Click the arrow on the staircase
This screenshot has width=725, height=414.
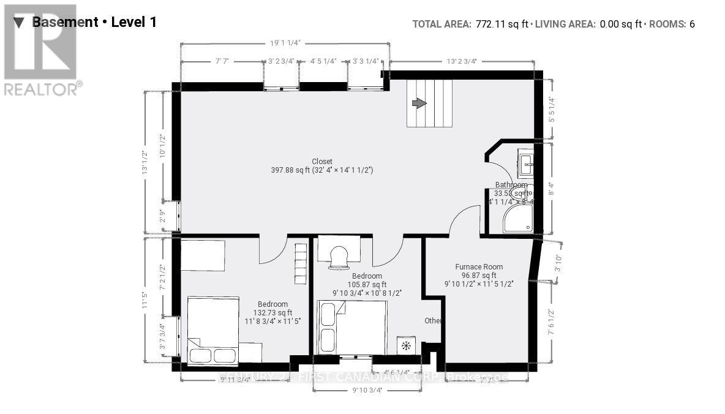pos(419,103)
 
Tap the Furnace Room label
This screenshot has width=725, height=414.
pos(479,266)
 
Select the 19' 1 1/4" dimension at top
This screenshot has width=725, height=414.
pos(285,43)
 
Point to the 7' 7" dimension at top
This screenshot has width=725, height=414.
pos(222,61)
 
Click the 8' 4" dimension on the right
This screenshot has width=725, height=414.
pos(551,189)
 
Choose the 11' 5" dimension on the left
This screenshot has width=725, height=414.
pos(146,301)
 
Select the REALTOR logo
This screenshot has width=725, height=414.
pos(41,49)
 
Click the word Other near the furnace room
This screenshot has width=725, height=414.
pos(434,321)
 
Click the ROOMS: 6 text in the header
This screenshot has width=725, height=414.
pos(672,24)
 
